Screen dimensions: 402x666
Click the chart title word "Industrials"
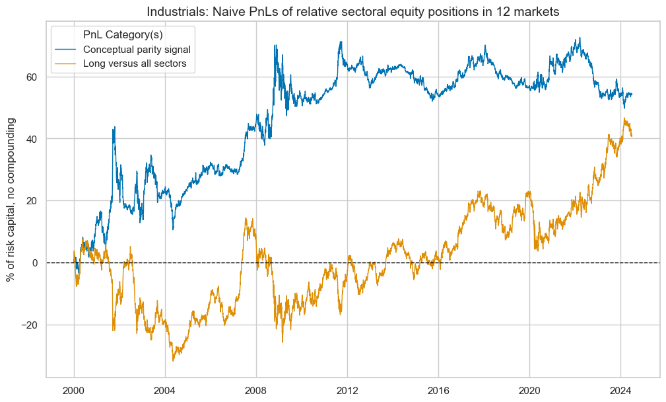tap(174, 11)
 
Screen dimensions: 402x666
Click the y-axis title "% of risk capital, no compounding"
tap(12, 200)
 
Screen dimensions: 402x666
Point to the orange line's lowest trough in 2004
tap(173, 360)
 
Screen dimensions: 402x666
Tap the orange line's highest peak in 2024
tap(624, 119)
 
